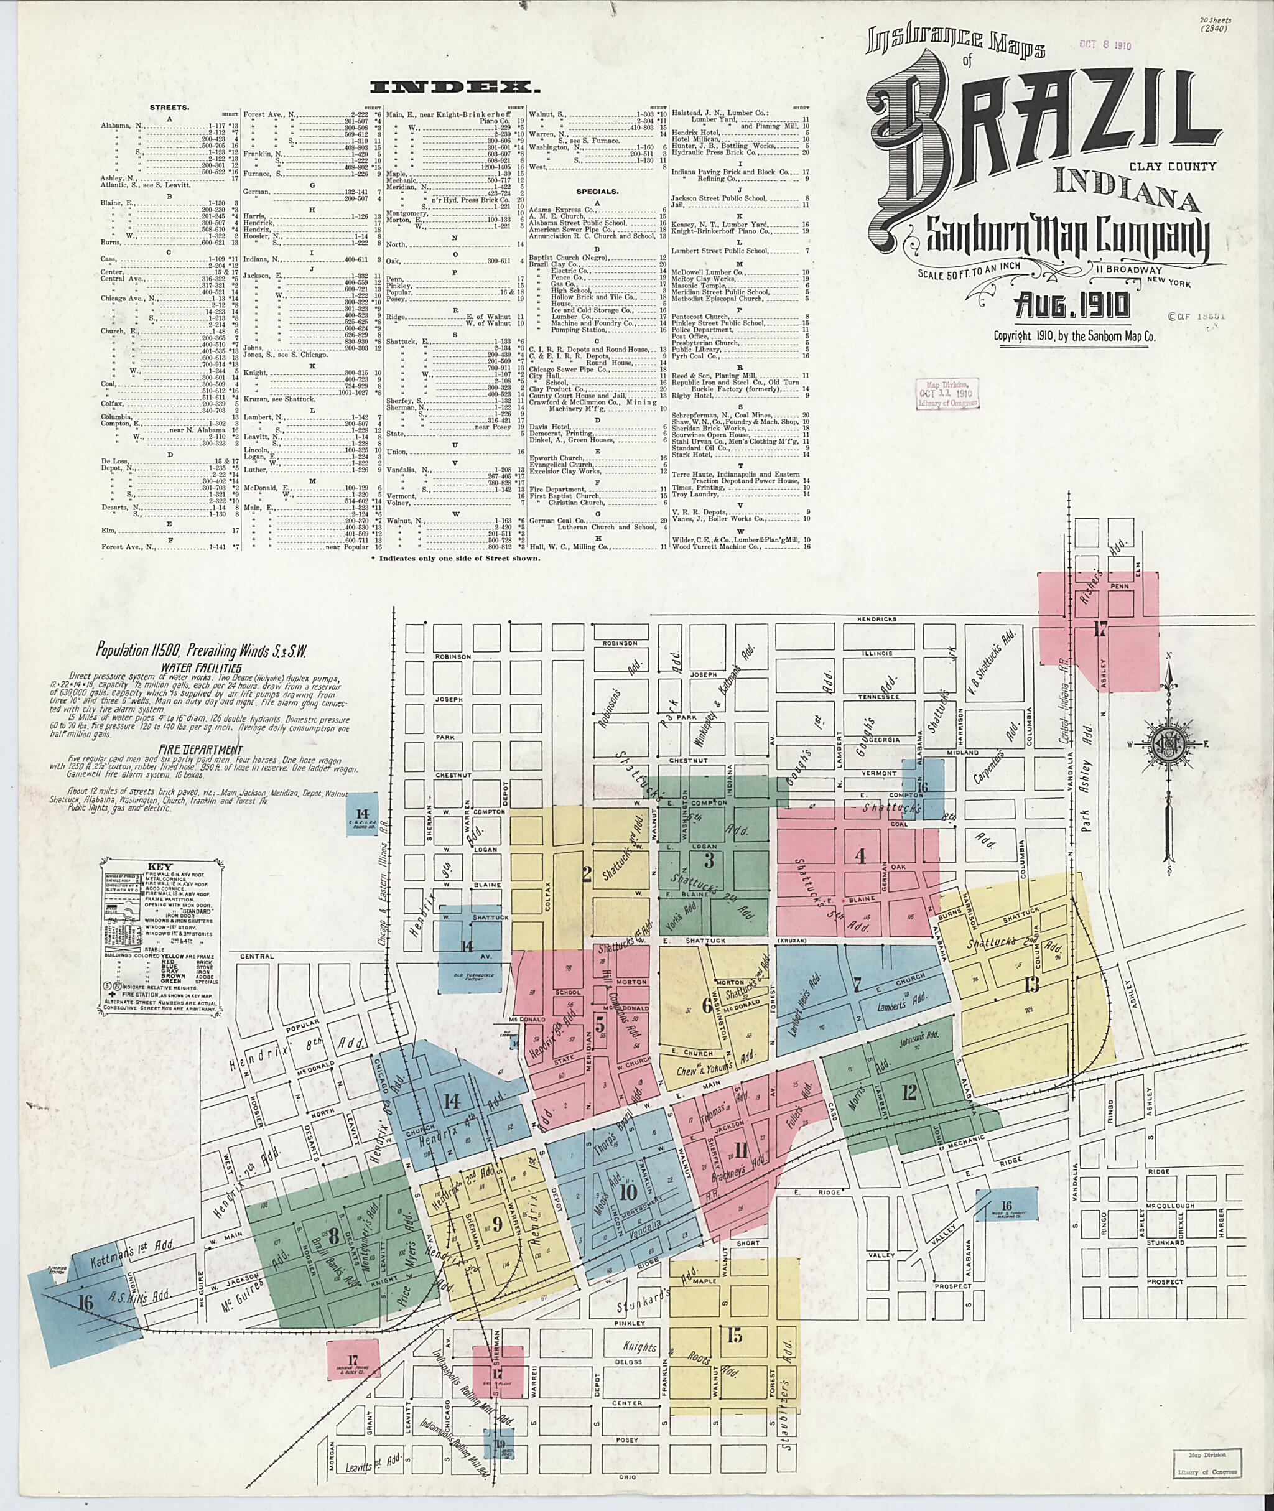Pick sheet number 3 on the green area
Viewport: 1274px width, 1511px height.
coord(709,860)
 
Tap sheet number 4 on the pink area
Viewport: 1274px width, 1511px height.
coord(860,856)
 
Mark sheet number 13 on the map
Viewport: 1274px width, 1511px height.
coord(1031,983)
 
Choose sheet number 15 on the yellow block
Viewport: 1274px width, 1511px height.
coord(734,1336)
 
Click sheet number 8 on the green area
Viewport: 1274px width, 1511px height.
coord(333,1236)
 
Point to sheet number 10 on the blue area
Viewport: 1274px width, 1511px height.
coord(628,1192)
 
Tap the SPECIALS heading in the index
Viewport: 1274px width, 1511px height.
coord(598,192)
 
